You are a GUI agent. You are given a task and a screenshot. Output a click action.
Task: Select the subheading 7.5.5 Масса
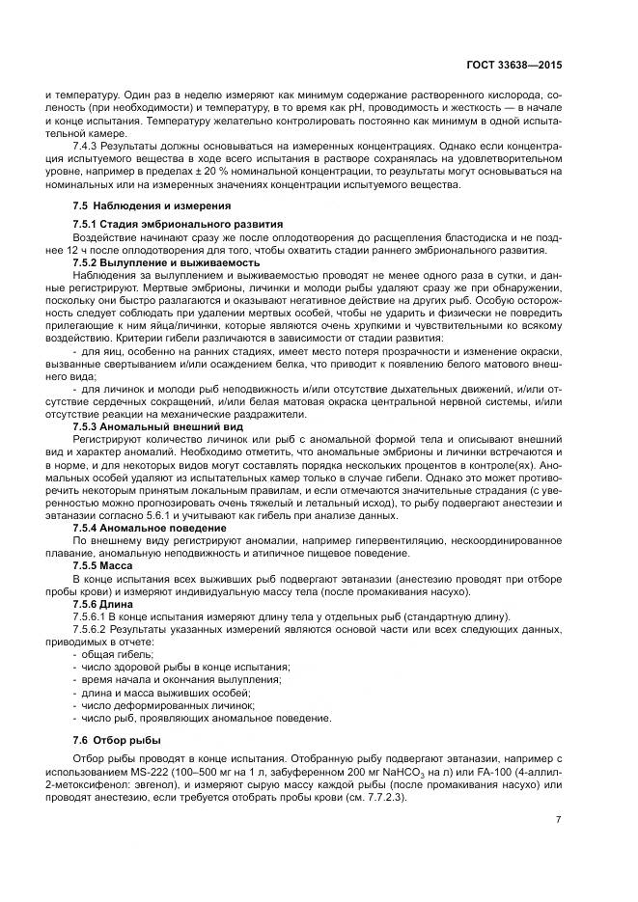(x=110, y=565)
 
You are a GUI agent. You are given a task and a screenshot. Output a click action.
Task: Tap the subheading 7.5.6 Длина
(x=110, y=603)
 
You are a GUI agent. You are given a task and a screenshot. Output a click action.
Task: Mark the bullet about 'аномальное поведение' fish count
(x=207, y=718)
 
